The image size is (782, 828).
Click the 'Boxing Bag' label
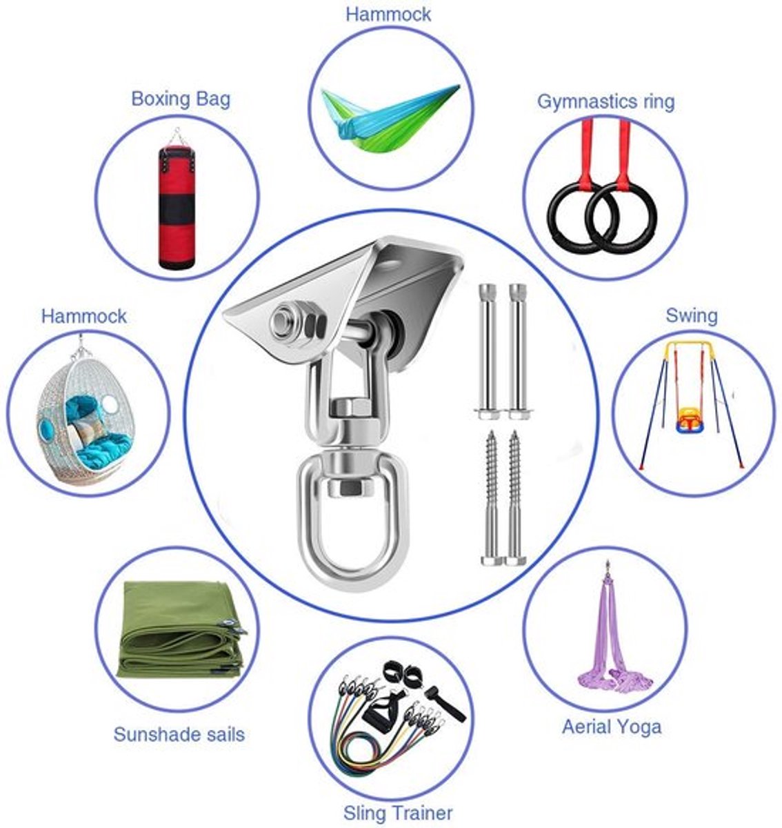(x=181, y=99)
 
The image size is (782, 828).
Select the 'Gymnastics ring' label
(x=605, y=102)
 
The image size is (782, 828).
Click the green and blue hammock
(x=390, y=115)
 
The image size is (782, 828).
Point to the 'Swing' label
(x=692, y=315)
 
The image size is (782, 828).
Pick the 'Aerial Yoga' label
(x=612, y=727)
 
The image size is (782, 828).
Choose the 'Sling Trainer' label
(x=398, y=813)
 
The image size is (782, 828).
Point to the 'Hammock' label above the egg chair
(x=84, y=317)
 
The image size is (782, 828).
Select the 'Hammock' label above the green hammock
(x=388, y=14)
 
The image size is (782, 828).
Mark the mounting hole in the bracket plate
(x=392, y=263)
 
